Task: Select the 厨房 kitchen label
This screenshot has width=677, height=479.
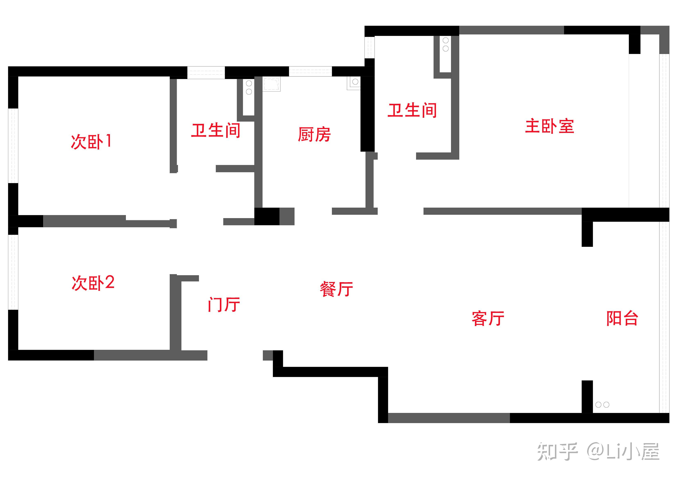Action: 314,135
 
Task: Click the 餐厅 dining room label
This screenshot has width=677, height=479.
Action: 336,289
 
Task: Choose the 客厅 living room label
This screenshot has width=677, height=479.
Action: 488,318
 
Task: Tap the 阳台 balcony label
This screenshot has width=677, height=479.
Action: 622,318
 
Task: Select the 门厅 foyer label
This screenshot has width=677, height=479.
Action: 224,304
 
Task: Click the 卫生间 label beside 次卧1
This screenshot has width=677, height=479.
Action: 216,130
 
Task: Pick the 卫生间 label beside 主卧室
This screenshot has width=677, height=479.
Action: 412,110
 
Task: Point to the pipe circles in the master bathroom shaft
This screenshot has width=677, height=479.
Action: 445,44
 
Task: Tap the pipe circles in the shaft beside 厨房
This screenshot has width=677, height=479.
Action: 249,88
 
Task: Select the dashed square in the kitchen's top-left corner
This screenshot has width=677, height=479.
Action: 271,84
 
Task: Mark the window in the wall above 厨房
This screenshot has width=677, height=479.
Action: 310,71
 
